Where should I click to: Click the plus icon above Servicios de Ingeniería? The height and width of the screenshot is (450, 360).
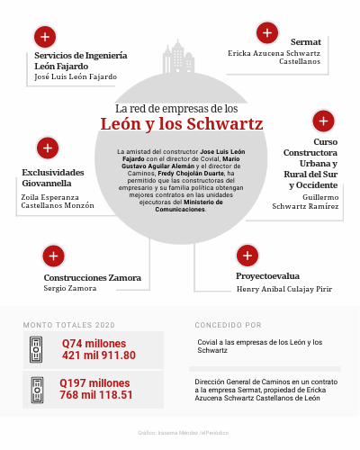[42, 37]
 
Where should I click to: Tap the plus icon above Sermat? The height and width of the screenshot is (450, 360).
[266, 33]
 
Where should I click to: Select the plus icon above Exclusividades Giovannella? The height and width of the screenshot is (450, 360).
[47, 148]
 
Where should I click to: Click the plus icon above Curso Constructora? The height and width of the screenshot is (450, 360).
[323, 121]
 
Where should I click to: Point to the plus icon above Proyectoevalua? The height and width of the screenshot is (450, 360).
[246, 256]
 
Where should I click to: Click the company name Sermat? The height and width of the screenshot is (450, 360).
[305, 42]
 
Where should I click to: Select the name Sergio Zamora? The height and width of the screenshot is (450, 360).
[70, 289]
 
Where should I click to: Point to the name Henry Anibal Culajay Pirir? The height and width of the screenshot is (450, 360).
[283, 289]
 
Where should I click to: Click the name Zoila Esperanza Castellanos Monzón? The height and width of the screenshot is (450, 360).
[57, 201]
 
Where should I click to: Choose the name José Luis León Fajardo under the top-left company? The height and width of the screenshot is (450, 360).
[75, 77]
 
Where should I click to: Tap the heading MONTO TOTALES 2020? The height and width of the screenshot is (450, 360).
[68, 323]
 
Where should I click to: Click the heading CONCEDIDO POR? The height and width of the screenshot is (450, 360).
[228, 323]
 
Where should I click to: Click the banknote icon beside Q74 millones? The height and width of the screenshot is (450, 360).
[37, 349]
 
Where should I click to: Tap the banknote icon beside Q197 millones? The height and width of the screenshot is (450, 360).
[37, 388]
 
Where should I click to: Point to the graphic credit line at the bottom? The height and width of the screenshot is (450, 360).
[179, 433]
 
